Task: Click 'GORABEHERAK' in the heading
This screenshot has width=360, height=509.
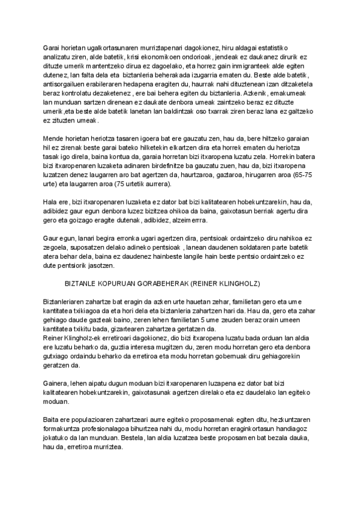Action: pyautogui.click(x=164, y=282)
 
